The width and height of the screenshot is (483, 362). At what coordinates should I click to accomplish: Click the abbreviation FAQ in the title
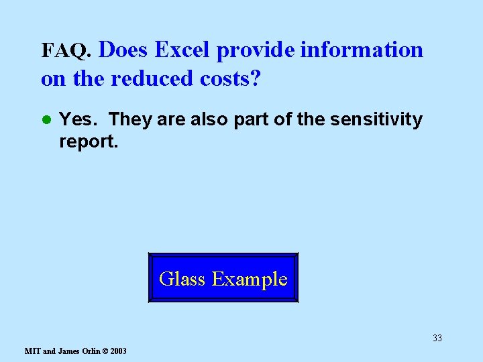65,51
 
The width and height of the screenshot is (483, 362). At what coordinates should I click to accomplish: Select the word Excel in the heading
183,50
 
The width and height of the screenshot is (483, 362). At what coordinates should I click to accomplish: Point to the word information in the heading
362,50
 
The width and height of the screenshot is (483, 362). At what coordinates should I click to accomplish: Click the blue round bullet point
46,120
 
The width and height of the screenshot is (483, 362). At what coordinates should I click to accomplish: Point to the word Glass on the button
182,278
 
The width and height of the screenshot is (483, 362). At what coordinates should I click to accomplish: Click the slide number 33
437,338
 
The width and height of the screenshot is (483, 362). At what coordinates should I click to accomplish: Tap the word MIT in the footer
32,351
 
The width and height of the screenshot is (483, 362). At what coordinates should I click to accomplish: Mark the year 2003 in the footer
118,351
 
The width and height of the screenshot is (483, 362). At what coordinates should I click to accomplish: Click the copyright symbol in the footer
105,351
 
